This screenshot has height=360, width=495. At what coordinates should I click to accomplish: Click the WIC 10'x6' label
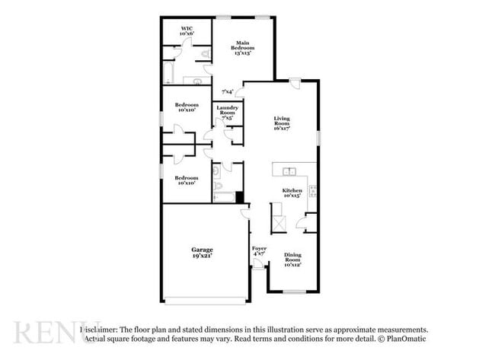click(187, 31)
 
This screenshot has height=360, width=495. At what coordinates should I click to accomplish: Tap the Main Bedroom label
click(242, 48)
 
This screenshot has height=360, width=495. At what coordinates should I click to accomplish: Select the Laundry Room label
click(228, 113)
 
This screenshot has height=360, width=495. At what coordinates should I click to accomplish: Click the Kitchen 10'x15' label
click(292, 193)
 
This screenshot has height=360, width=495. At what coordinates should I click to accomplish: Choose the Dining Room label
click(292, 260)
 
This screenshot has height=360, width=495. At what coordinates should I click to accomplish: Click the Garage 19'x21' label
click(202, 253)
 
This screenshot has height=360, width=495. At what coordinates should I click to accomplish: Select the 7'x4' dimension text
click(227, 92)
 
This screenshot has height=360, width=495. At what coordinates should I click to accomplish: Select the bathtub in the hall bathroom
click(224, 198)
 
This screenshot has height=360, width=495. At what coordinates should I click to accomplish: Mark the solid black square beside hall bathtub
click(239, 198)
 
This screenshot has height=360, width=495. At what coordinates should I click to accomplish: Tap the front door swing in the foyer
click(258, 264)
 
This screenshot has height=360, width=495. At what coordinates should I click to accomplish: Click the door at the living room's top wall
click(295, 83)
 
